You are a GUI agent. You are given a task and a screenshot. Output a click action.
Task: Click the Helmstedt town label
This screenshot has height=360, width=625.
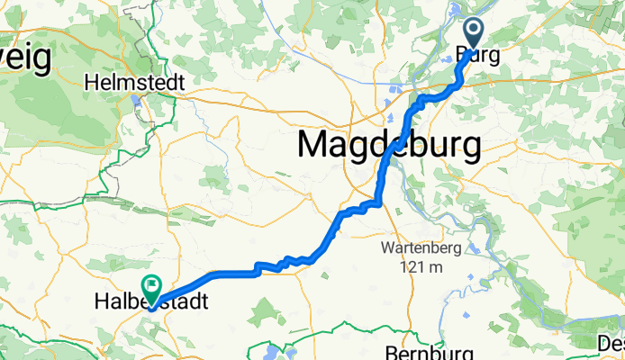134,82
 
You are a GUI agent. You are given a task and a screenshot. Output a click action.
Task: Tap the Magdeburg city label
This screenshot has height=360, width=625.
388,145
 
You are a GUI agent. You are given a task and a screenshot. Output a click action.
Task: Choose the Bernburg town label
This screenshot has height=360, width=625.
422,352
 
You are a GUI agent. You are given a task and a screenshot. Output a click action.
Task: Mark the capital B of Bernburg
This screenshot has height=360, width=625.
392,352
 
